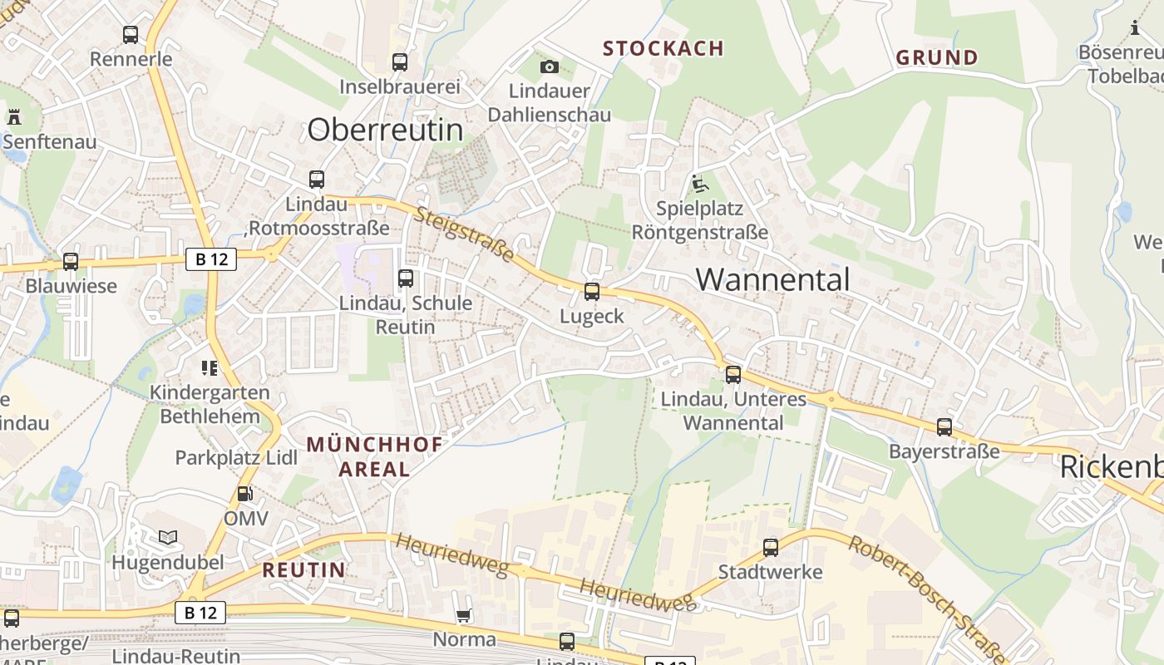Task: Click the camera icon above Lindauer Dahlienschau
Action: tap(549, 66)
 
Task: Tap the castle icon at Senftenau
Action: tap(14, 117)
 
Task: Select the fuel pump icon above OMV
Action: tap(245, 494)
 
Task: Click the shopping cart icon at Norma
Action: tap(463, 616)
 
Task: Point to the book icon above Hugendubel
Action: tap(168, 538)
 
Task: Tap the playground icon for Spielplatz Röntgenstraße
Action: tap(699, 183)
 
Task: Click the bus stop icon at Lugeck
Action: tap(591, 292)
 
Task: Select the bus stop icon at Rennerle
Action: tap(131, 35)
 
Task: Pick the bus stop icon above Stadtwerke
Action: tap(771, 548)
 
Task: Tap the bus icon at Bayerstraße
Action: tap(945, 427)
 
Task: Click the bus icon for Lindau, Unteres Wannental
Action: tap(732, 375)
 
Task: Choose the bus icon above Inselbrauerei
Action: tap(400, 62)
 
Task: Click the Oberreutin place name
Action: tap(385, 130)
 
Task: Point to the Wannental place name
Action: tap(772, 279)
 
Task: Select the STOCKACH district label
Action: tap(663, 49)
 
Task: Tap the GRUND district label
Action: tap(936, 58)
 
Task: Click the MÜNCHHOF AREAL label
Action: tap(375, 456)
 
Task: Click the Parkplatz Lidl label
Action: tap(236, 457)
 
